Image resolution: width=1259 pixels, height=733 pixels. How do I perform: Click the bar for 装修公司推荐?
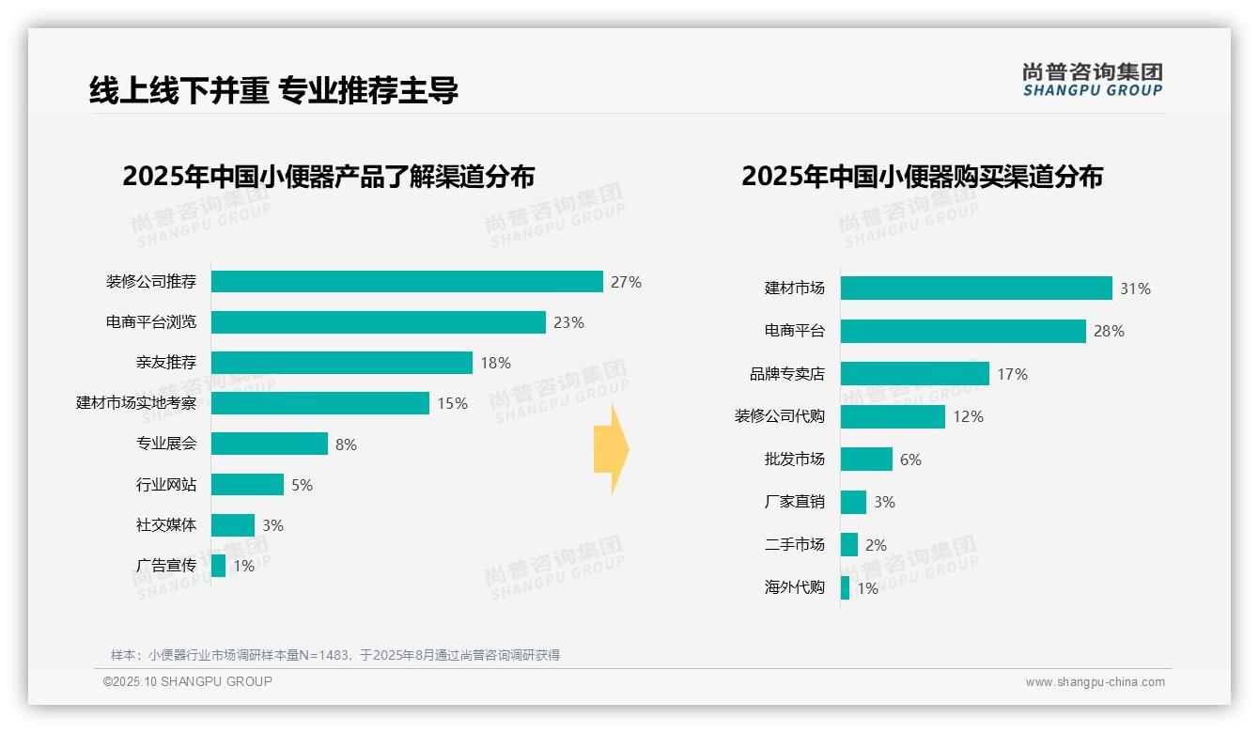pyautogui.click(x=407, y=282)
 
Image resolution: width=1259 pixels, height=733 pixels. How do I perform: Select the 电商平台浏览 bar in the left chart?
pyautogui.click(x=378, y=322)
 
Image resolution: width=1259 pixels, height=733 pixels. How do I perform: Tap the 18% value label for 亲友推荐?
pyautogui.click(x=495, y=363)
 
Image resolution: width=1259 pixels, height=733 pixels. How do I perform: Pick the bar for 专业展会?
pyautogui.click(x=269, y=444)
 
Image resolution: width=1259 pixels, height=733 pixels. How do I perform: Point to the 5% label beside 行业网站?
pyautogui.click(x=302, y=485)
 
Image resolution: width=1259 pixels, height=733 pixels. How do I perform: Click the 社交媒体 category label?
pyautogui.click(x=166, y=525)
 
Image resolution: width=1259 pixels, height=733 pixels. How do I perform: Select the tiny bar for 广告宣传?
pyautogui.click(x=218, y=566)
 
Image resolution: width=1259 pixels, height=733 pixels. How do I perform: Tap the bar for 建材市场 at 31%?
pyautogui.click(x=975, y=289)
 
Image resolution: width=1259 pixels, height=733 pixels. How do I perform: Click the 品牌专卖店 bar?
pyautogui.click(x=914, y=374)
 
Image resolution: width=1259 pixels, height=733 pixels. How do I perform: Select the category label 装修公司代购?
pyautogui.click(x=779, y=416)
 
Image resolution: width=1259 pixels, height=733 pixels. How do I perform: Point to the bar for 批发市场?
pyautogui.click(x=866, y=460)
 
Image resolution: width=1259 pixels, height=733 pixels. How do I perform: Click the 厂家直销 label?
pyautogui.click(x=794, y=502)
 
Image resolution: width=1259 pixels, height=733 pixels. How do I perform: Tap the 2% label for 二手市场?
pyautogui.click(x=876, y=545)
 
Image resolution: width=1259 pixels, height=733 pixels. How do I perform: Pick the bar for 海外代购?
pyautogui.click(x=845, y=588)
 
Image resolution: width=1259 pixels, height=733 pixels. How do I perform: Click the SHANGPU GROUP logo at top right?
pyautogui.click(x=1092, y=80)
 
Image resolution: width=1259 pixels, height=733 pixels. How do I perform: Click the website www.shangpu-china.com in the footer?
pyautogui.click(x=1095, y=682)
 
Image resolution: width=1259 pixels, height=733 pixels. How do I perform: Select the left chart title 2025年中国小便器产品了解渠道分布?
pyautogui.click(x=328, y=177)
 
